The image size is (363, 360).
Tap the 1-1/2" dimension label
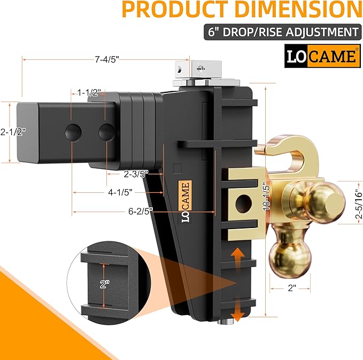[88, 92]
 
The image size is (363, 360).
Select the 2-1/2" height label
[13, 131]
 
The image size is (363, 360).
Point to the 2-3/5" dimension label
[135, 174]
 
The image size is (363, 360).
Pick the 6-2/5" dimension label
[140, 210]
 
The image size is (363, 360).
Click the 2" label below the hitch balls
[292, 288]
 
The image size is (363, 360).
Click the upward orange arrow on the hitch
[237, 258]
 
